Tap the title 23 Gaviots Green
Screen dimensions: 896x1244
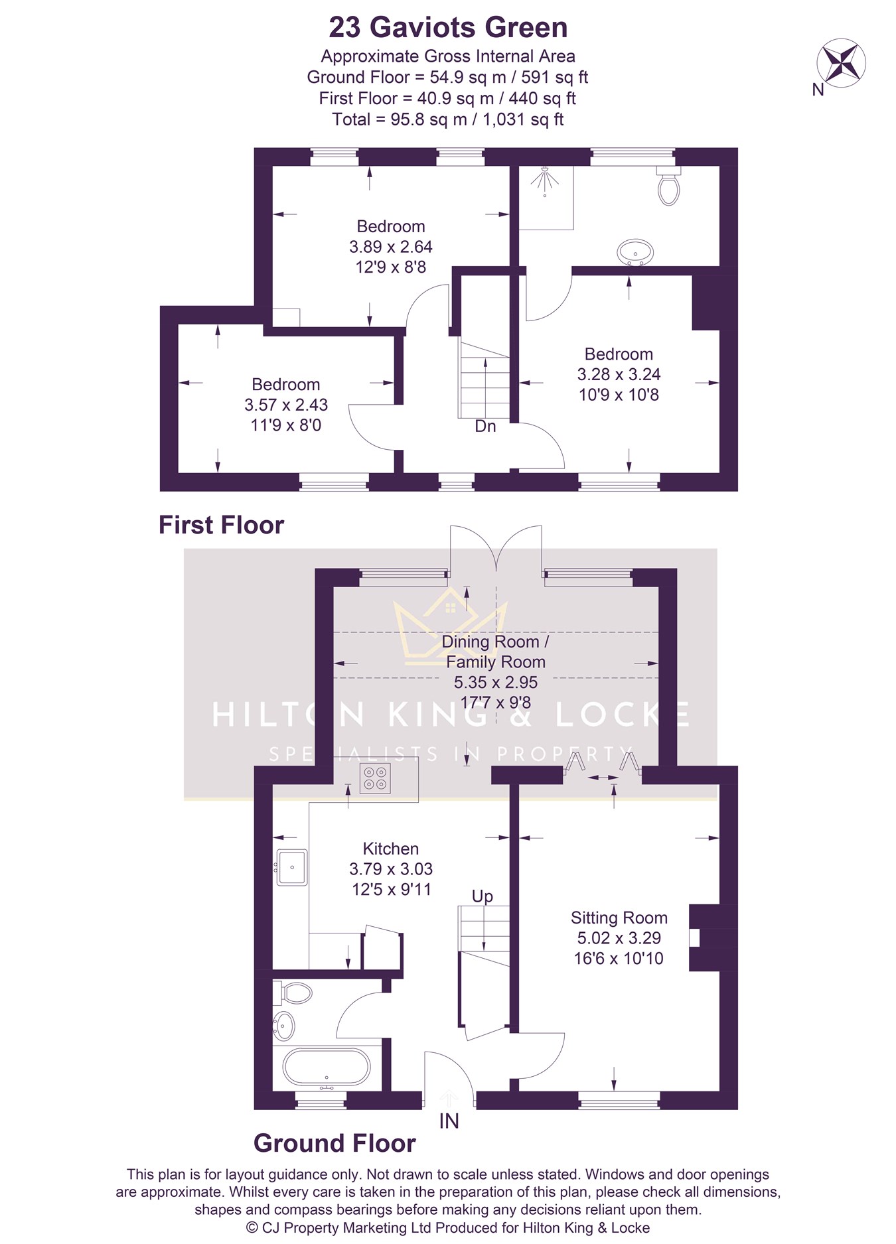[448, 27]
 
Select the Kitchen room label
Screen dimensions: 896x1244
[390, 849]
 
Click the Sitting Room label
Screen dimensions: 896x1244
[619, 918]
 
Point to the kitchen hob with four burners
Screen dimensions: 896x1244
[375, 778]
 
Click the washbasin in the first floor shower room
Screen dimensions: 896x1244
[635, 253]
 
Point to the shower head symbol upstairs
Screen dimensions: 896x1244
[545, 180]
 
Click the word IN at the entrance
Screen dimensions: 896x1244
[449, 1121]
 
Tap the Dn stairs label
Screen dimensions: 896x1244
[485, 426]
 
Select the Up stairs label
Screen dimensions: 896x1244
[483, 896]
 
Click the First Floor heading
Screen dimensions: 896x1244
[221, 525]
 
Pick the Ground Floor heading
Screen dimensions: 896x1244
[335, 1142]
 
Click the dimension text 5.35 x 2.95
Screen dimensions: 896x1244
[496, 682]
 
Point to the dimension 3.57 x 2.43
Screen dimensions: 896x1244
[286, 405]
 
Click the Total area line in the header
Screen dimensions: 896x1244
[448, 119]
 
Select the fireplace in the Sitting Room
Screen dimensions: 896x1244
[705, 937]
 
